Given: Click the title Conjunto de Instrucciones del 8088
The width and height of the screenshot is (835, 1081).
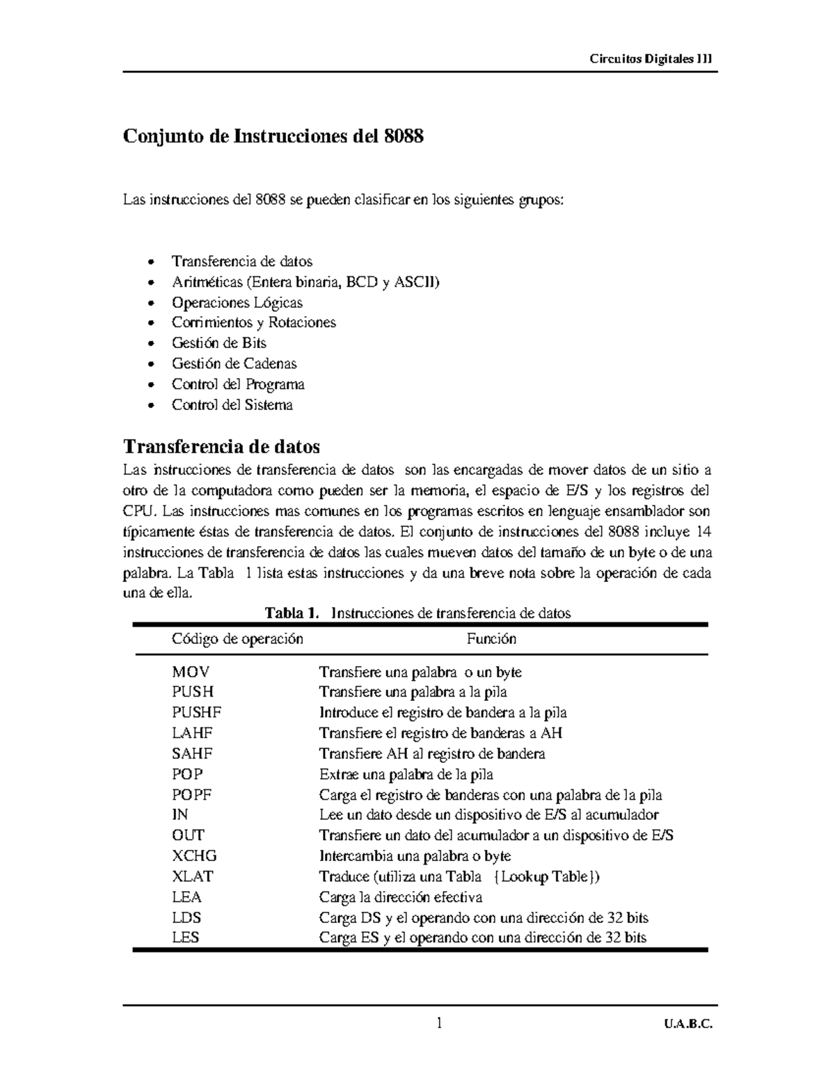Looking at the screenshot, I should (x=273, y=136).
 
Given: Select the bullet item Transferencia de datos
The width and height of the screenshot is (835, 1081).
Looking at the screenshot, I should (x=241, y=262).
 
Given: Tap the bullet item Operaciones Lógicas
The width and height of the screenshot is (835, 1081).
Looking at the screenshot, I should (x=237, y=303).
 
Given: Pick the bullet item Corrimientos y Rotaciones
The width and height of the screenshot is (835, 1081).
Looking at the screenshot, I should (x=253, y=322).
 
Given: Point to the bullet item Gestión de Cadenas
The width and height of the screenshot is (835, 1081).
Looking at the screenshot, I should (x=234, y=363).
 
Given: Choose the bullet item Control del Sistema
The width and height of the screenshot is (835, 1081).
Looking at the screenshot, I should (x=232, y=404).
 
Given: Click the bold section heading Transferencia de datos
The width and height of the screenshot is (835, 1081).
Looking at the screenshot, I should (x=221, y=446).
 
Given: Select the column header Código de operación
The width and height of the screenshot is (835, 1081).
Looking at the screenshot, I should (x=237, y=639).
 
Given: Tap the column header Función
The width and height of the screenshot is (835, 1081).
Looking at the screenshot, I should (x=491, y=639).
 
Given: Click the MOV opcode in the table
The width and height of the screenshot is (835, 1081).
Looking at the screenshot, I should (x=190, y=672).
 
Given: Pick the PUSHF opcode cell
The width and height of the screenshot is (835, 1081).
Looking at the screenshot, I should (x=196, y=713).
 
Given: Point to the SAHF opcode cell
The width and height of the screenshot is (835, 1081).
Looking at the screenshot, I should (x=192, y=754).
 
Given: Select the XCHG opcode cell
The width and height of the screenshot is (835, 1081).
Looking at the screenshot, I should (x=194, y=856).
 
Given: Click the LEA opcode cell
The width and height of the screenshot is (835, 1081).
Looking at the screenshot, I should (x=186, y=897).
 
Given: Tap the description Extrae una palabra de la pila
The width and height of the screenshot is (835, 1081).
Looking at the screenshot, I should (x=406, y=774).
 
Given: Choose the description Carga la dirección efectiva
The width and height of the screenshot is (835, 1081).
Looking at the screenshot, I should (x=400, y=897).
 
